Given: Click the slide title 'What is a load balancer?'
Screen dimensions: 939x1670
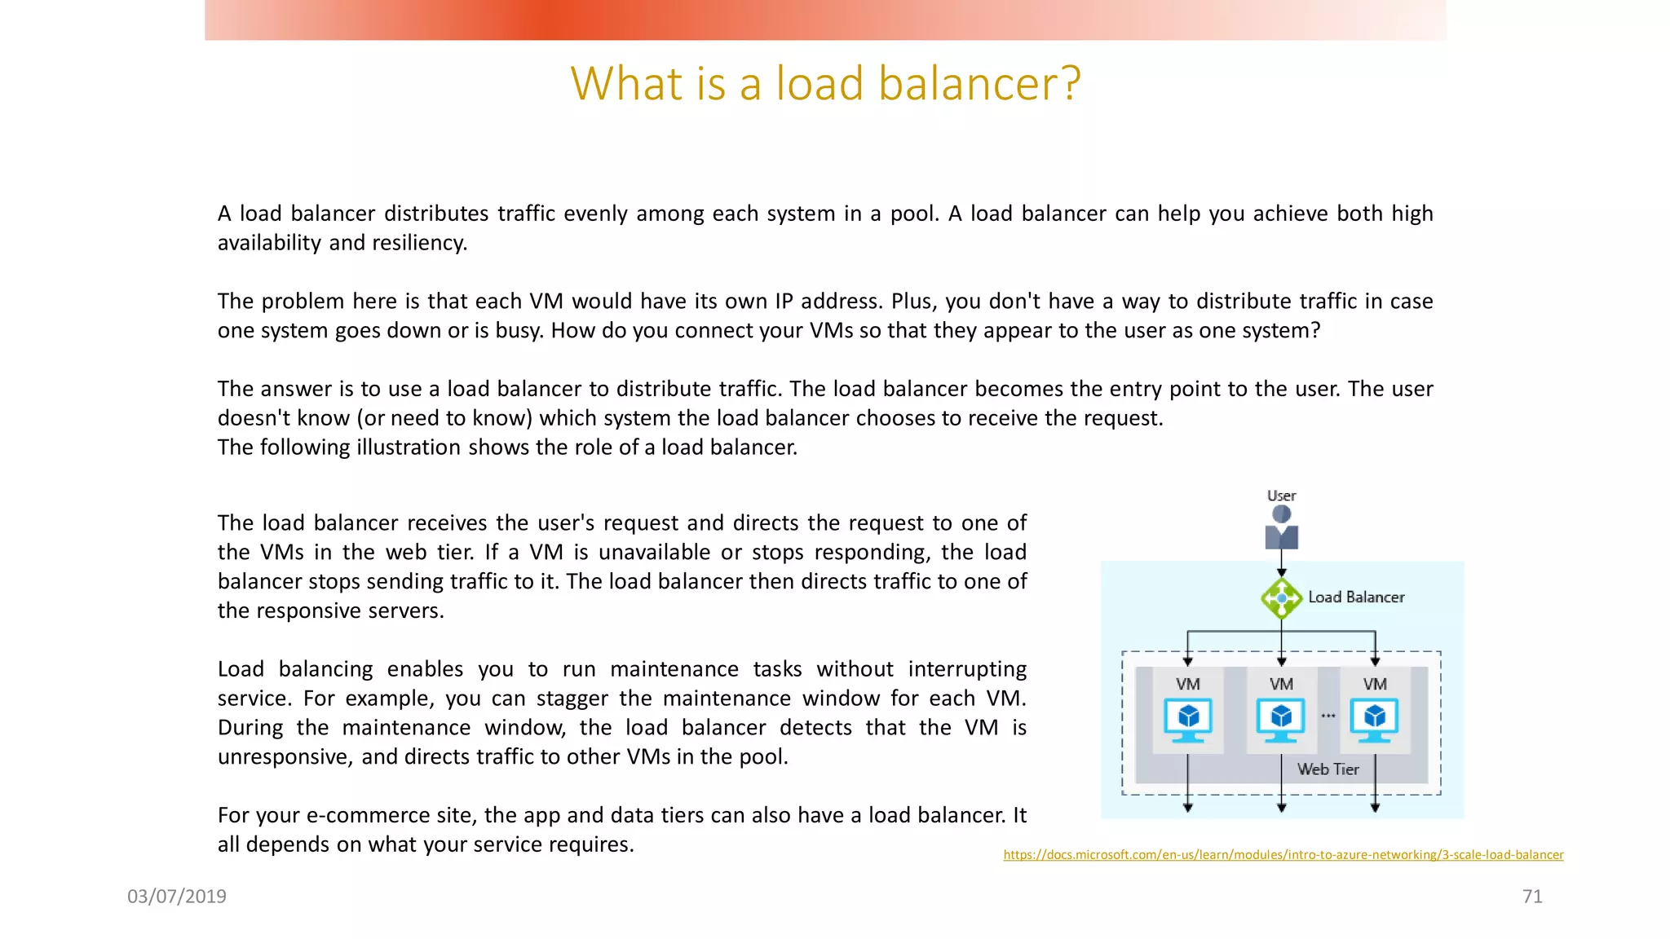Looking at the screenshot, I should click(x=825, y=84).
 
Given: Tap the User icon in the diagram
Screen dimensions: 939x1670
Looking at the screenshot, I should click(x=1281, y=527).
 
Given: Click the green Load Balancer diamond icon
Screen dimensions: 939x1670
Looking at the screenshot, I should click(x=1281, y=598).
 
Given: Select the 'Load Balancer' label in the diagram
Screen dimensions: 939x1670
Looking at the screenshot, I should click(x=1356, y=597).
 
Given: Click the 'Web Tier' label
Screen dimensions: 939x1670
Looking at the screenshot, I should click(x=1328, y=769).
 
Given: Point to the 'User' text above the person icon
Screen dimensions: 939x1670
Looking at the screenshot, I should click(x=1281, y=496).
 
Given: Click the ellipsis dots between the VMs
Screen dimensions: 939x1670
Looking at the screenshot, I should click(x=1328, y=716).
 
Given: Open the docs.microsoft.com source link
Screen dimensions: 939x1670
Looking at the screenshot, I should click(x=1283, y=855).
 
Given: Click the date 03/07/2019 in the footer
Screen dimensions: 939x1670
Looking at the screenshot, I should click(x=177, y=897).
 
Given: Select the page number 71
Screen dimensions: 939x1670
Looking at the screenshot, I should click(x=1532, y=897).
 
